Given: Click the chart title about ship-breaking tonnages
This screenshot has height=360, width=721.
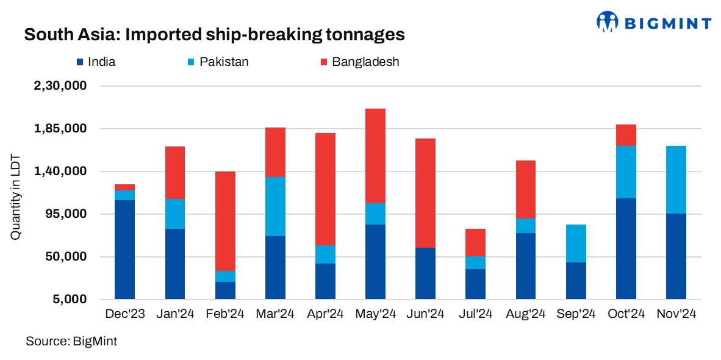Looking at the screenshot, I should [214, 35].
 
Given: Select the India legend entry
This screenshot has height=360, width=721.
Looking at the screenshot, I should [96, 62].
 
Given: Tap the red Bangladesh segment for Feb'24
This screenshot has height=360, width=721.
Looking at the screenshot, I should [225, 221].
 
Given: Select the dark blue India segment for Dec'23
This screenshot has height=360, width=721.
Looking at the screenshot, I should [124, 250].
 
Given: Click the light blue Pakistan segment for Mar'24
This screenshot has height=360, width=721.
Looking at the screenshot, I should [275, 206].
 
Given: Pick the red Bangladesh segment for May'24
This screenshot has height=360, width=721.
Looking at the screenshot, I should [375, 156].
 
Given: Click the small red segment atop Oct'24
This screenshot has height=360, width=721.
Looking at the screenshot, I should [626, 135].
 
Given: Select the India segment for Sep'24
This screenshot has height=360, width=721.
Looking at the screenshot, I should [576, 281].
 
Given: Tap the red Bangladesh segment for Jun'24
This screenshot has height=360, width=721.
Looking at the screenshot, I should [425, 193].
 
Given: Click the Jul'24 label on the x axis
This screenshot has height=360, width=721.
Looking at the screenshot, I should [475, 314].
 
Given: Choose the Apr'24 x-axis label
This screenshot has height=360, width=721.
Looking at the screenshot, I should [325, 314].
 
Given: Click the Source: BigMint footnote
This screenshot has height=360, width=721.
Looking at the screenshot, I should [71, 341].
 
